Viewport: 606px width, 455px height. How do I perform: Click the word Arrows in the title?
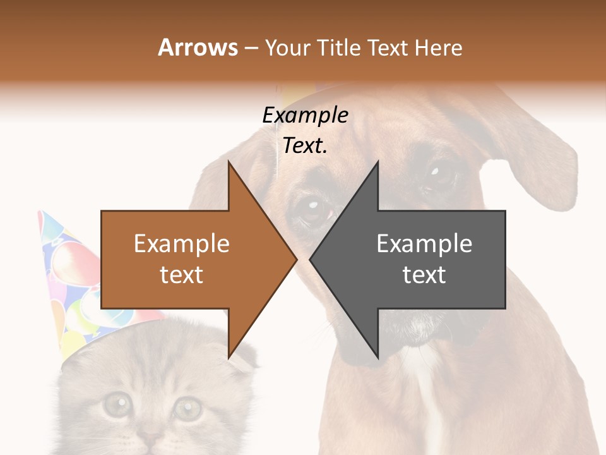coord(198,47)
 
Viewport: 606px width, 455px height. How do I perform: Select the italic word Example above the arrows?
coord(305,116)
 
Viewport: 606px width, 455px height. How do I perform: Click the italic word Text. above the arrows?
coord(305,146)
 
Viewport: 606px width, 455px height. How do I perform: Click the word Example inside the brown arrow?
coord(181,244)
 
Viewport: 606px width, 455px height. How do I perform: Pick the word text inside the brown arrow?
coord(181,275)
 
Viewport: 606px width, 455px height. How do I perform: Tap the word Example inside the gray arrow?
coord(424,244)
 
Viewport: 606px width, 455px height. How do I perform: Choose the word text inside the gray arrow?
coord(424,275)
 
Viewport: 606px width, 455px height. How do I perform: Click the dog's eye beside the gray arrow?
coord(314,209)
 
